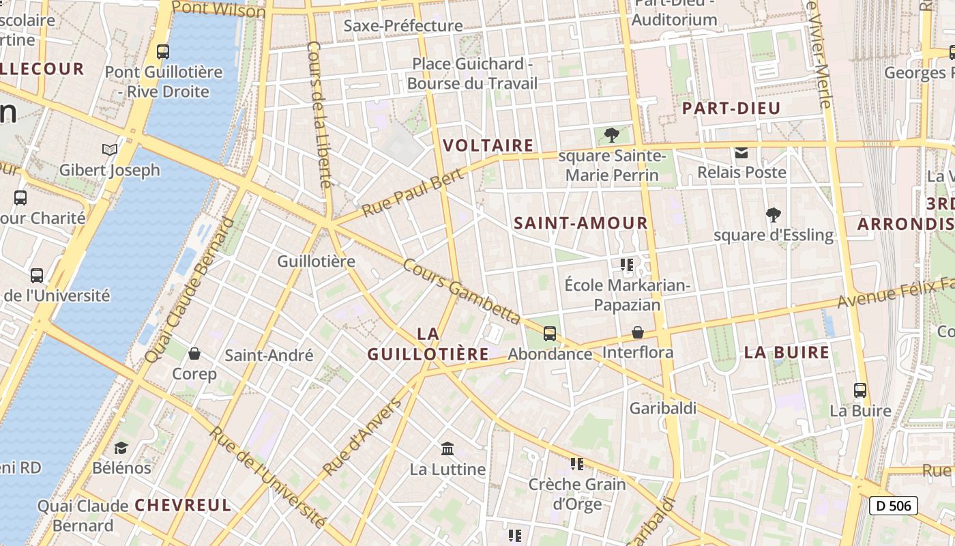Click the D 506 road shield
pos(893,506)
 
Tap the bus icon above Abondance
pos(549,334)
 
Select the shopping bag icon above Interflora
pos(638,332)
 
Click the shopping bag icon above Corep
pos(194,354)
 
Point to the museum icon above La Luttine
pos(447,448)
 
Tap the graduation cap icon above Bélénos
pos(121,448)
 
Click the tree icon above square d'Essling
pos(773,215)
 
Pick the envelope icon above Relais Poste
pos(741,152)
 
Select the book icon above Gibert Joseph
pos(109,149)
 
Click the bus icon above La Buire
pos(860,390)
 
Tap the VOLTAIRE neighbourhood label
pos(488,145)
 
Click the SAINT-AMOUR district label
pos(581,222)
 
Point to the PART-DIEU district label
pos(731,108)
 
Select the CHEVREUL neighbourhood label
pos(183,505)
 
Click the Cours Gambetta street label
pos(462,291)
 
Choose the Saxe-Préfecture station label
pos(403,26)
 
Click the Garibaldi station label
pos(663,408)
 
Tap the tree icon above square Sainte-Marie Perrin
pos(612,134)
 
